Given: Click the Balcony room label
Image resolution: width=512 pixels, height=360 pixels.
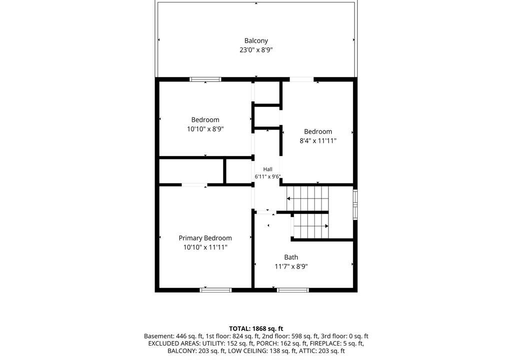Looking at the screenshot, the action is [x=256, y=41].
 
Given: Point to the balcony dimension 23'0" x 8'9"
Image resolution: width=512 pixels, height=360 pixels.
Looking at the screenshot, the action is [x=256, y=50].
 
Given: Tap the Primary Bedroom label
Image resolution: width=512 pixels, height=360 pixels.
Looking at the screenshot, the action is [x=205, y=238].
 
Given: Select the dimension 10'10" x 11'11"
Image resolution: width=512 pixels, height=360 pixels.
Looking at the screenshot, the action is [x=205, y=247].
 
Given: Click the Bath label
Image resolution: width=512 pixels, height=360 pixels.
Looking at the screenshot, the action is [x=291, y=257].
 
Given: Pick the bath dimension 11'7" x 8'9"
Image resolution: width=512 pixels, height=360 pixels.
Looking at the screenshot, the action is [x=291, y=266].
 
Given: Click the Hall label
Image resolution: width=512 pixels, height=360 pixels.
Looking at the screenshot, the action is [x=268, y=169].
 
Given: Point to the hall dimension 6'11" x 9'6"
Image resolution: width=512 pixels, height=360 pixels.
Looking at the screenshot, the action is [x=268, y=176].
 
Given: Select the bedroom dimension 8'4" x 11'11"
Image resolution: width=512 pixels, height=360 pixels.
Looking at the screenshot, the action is [x=317, y=141].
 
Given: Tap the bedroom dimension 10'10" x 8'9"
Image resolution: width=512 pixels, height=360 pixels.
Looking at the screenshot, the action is [x=205, y=129].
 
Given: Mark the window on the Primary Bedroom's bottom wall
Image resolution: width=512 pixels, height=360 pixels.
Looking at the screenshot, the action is [x=215, y=290].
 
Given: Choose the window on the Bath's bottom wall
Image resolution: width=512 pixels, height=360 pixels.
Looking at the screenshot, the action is [x=292, y=290].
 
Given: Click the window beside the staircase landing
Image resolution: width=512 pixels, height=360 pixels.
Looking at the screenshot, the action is [x=355, y=204].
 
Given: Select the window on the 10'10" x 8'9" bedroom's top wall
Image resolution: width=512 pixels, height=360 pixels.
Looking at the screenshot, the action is [x=205, y=79].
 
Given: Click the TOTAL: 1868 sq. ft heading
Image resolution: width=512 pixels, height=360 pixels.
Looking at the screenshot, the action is [x=256, y=328].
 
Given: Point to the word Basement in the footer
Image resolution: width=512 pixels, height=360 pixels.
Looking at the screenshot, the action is [x=159, y=336].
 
